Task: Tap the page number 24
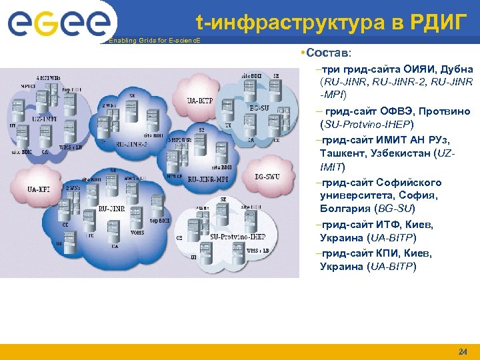click(x=463, y=351)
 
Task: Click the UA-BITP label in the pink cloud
click(x=199, y=101)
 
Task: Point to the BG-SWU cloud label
click(x=267, y=177)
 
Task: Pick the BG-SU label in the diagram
click(x=259, y=108)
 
